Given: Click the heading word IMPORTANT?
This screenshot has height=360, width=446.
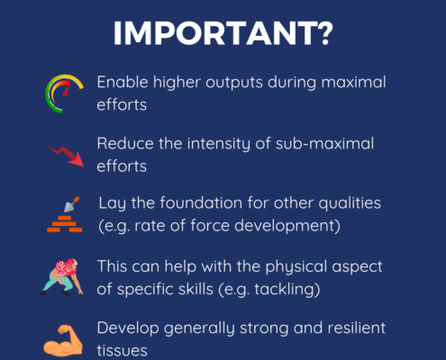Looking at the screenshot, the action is point(223,33).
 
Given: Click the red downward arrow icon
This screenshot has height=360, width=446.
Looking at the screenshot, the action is point(65,153).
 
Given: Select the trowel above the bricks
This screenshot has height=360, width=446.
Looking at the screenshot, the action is point(71,204).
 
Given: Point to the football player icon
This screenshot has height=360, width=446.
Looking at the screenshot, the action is point(62,277).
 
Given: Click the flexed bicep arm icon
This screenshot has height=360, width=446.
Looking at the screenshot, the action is point(63,341).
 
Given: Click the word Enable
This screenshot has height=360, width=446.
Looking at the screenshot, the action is point(123,82).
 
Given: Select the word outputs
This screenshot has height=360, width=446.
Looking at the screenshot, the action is point(234,83).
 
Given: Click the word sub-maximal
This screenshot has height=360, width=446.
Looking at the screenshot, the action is point(324,143).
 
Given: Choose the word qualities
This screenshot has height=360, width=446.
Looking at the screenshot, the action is point(350,203).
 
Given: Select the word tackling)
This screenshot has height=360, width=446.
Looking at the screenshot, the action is point(287,290).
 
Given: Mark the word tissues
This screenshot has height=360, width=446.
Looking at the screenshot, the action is point(122,350).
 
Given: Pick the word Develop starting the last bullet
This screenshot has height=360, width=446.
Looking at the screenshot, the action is point(128,328).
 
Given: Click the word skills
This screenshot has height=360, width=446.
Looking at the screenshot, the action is point(196,289).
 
